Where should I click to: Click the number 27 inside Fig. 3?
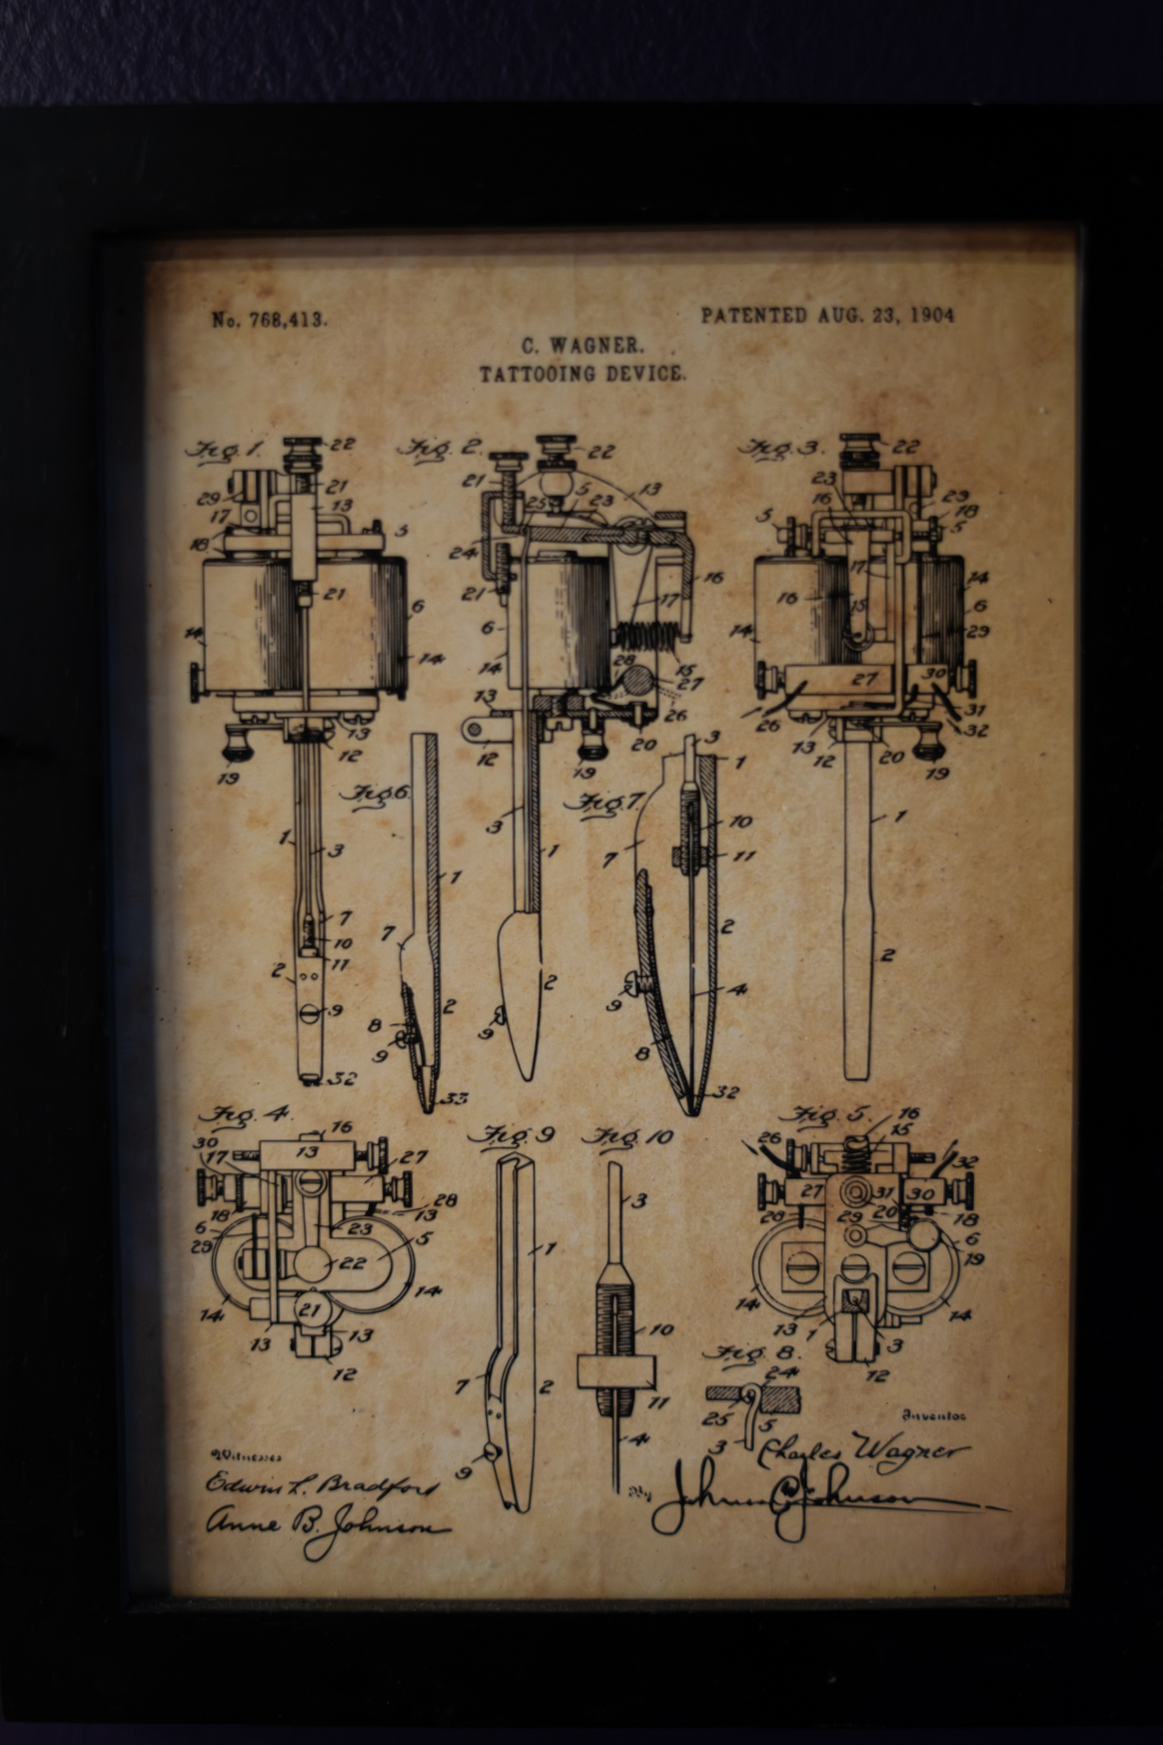point(865,679)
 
